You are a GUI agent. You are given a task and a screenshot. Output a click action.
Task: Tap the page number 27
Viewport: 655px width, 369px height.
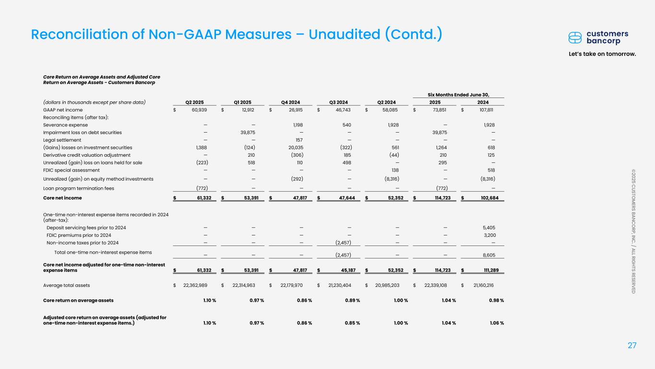(x=632, y=345)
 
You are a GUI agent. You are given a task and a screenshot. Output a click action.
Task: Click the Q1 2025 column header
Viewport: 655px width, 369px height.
(x=243, y=102)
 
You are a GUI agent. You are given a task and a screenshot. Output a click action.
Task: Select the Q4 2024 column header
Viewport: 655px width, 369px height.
(x=291, y=102)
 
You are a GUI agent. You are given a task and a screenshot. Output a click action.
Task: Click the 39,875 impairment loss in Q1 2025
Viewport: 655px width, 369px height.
(x=247, y=133)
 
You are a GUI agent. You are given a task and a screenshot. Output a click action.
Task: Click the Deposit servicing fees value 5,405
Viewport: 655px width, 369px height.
(x=488, y=228)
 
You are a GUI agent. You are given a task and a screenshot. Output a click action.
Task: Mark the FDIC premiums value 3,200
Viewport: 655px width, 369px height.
(x=488, y=235)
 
